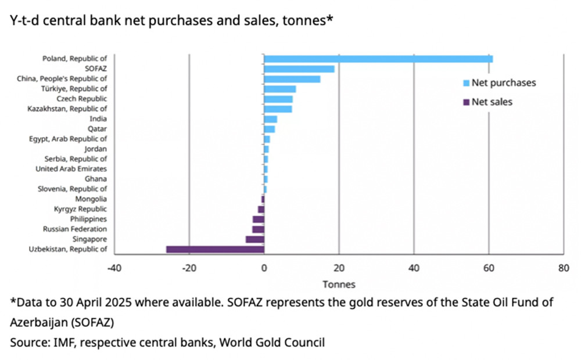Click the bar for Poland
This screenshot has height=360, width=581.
[x=378, y=59]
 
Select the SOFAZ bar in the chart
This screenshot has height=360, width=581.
[x=299, y=69]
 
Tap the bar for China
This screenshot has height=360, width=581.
[x=292, y=79]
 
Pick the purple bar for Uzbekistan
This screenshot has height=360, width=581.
[x=215, y=249]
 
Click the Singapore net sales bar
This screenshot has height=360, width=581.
[x=255, y=239]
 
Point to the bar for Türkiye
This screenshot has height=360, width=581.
[x=280, y=89]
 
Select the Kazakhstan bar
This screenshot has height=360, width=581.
[x=278, y=109]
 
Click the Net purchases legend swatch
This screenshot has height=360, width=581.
[x=465, y=83]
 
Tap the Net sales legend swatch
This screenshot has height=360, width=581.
[x=465, y=102]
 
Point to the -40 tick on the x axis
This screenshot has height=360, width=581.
[x=114, y=269]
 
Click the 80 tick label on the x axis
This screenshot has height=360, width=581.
[x=563, y=269]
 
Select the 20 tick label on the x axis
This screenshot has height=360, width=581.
[x=339, y=269]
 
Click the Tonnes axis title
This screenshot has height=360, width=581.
[x=339, y=285]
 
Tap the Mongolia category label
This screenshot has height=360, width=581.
[x=91, y=199]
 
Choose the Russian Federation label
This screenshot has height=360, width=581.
[x=75, y=229]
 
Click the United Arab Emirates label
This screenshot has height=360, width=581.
[x=71, y=169]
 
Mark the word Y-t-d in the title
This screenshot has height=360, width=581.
[x=23, y=21]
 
